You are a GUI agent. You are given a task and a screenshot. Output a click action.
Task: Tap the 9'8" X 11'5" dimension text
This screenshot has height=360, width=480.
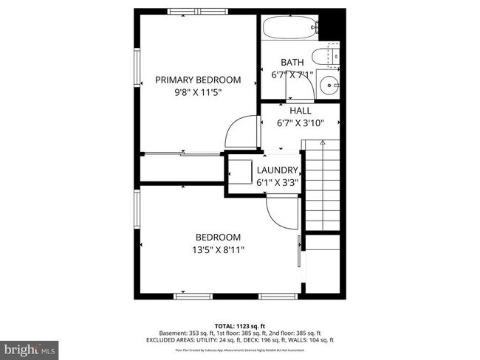[197, 92]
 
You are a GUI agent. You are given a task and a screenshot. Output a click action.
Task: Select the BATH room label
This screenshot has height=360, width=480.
[292, 62]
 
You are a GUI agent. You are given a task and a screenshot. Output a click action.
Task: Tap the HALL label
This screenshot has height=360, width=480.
[300, 111]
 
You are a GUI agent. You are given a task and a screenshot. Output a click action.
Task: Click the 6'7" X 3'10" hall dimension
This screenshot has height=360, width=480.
[300, 123]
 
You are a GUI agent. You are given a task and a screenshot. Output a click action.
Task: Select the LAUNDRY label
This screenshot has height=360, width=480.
[277, 170]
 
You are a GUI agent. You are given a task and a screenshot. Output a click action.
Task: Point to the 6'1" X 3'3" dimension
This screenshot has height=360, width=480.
[277, 181]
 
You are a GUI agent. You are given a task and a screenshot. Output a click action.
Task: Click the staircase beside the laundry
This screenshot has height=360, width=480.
[323, 184]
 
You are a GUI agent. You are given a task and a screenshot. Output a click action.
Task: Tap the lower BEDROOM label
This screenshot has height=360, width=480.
[218, 237]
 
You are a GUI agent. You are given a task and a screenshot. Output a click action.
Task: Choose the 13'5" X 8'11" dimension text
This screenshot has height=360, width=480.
[218, 250]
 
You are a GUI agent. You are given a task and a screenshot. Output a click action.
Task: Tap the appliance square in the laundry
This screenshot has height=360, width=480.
[240, 175]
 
